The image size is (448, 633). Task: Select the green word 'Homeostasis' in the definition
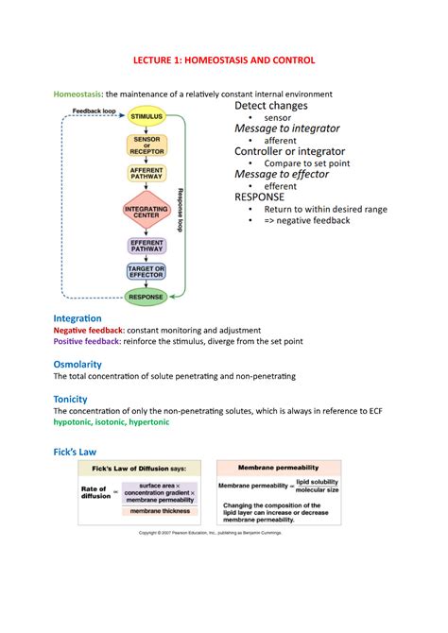[x=78, y=94]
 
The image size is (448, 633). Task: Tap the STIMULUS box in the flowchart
[x=146, y=117]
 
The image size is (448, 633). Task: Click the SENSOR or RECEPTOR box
[x=146, y=145]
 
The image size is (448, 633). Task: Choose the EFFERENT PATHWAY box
[x=146, y=246]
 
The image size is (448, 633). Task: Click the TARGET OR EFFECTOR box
[x=146, y=272]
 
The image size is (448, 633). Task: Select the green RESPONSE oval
[x=146, y=297]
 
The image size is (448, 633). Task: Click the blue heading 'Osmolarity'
[x=78, y=364]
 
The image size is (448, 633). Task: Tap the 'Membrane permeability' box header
[x=279, y=467]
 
